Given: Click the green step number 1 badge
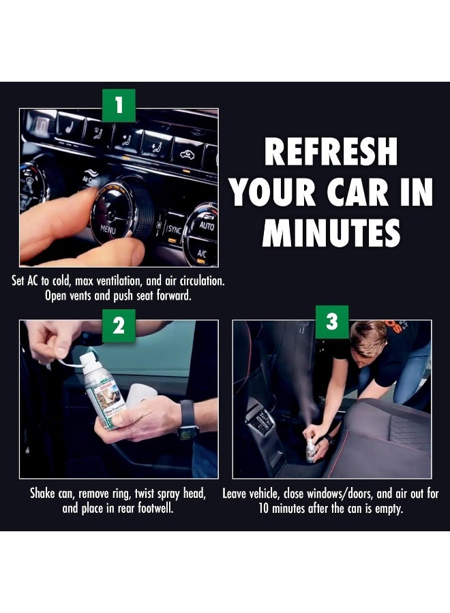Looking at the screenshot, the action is pyautogui.click(x=119, y=106).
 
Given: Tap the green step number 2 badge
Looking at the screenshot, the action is pyautogui.click(x=119, y=326).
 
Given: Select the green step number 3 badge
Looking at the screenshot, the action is pyautogui.click(x=332, y=321).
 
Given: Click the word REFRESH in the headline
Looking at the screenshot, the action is pyautogui.click(x=331, y=152).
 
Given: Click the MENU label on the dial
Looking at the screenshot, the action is pyautogui.click(x=108, y=229).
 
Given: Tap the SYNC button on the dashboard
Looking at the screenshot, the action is pyautogui.click(x=174, y=230).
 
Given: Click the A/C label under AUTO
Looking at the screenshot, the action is pyautogui.click(x=202, y=253).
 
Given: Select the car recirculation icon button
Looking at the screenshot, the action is pyautogui.click(x=187, y=154).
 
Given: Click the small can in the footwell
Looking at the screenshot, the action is pyautogui.click(x=311, y=450).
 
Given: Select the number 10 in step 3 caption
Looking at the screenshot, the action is pyautogui.click(x=264, y=509).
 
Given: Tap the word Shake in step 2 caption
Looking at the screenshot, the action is pyautogui.click(x=42, y=493).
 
